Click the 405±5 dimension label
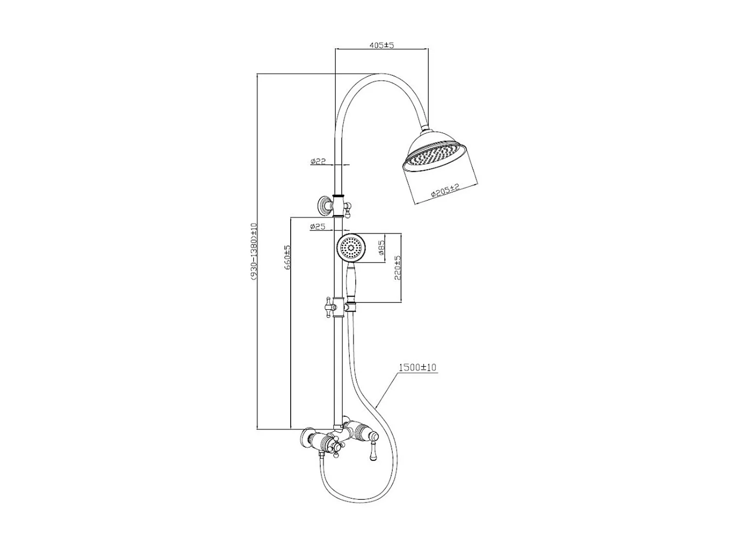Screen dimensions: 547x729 pos(381,45)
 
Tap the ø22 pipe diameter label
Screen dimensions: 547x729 pos(318,160)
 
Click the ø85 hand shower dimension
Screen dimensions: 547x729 pos(382,248)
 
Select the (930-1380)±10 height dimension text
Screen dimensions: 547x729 pos(253,251)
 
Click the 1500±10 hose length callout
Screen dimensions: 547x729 pos(417,368)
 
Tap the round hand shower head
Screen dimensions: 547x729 pos(351,248)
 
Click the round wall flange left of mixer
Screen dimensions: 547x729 pos(306,437)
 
